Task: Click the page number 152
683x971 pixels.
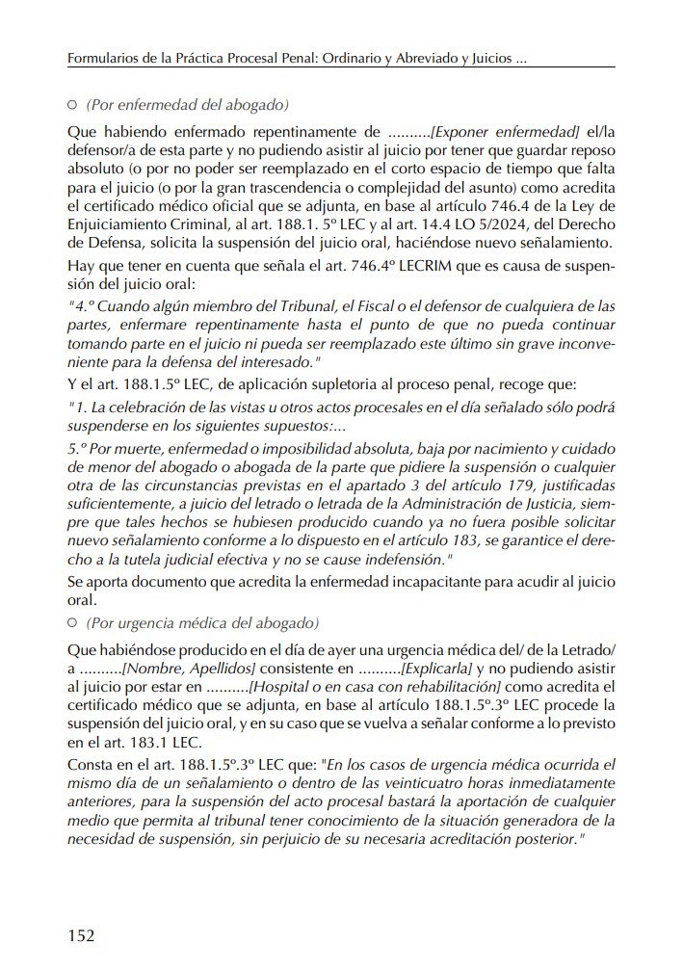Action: (80, 934)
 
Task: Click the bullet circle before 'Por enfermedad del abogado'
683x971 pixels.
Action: (73, 104)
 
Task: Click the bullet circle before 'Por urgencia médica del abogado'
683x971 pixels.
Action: (73, 622)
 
